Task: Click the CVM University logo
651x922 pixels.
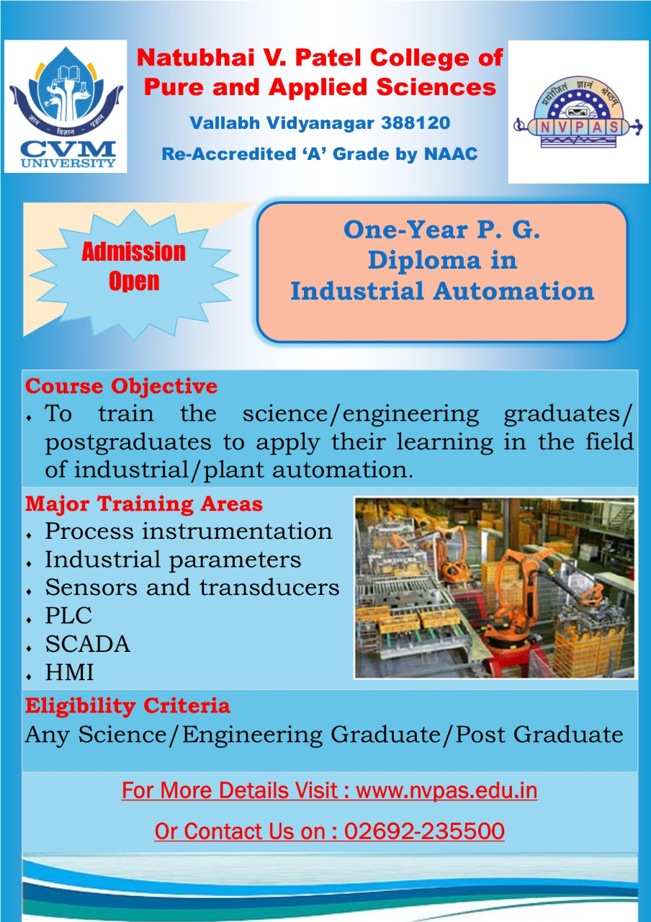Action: click(66, 107)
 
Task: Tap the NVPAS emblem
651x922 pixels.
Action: click(578, 112)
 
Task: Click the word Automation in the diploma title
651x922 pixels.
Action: click(513, 291)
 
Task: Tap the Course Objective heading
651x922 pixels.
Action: click(122, 386)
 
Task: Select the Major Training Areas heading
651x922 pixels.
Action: click(144, 503)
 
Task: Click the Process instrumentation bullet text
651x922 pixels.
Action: click(189, 531)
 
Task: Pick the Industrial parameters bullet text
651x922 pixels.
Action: click(174, 560)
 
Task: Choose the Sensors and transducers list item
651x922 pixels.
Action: click(192, 587)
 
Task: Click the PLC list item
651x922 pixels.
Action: click(68, 616)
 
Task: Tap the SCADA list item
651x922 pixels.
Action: click(88, 644)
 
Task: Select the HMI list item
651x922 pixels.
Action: click(69, 672)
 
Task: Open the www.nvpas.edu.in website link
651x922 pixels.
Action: click(446, 791)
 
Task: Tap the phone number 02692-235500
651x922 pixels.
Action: click(424, 831)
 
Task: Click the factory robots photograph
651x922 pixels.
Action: click(495, 588)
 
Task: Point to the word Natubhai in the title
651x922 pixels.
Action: click(195, 58)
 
